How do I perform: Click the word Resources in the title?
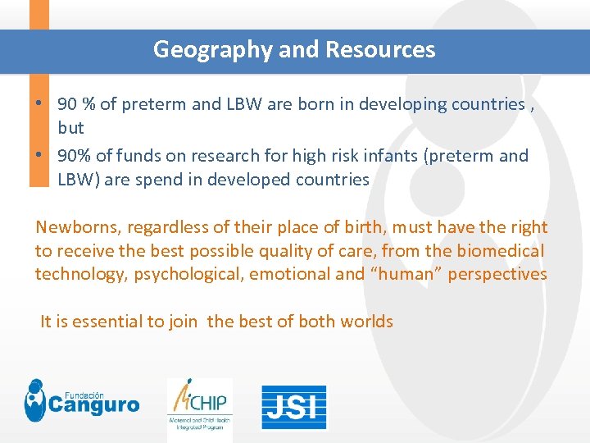380,50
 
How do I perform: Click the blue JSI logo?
293,407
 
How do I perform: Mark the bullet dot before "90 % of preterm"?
40,104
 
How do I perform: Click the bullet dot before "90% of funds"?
40,155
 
